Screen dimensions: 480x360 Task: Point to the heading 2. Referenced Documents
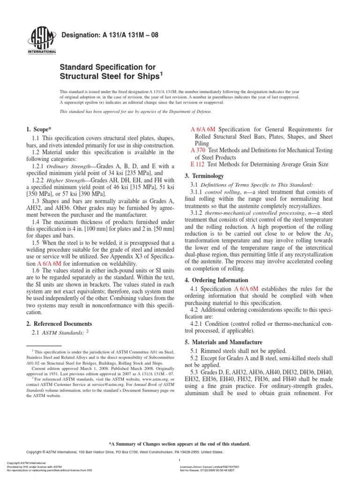[x=59, y=323]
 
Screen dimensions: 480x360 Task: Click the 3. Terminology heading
[x=207, y=176]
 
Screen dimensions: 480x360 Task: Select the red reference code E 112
[x=198, y=165]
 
